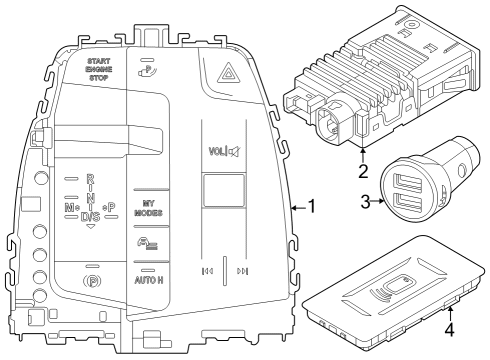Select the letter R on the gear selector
(x=91, y=179)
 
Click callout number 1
(x=312, y=207)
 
